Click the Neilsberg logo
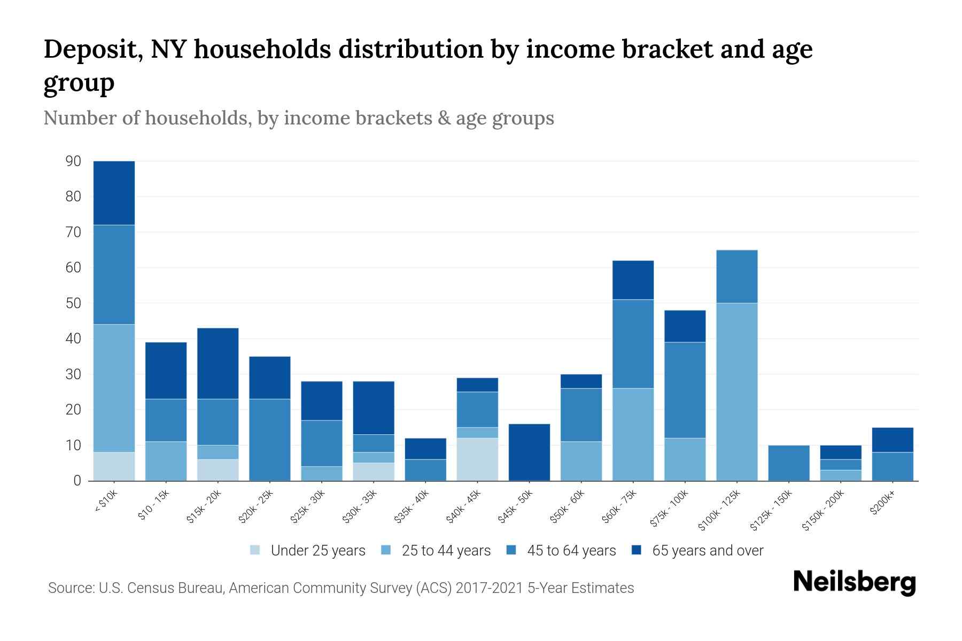pos(854,582)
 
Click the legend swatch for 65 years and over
pos(637,550)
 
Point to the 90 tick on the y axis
pos(73,161)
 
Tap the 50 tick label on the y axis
pos(73,303)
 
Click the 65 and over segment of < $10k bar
pos(114,193)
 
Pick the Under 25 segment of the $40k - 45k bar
pos(477,459)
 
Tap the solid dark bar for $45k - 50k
pos(529,452)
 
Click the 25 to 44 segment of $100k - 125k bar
pos(736,392)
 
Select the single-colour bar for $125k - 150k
pos(788,463)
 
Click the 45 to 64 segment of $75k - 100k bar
pos(685,390)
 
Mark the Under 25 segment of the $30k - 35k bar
pos(373,472)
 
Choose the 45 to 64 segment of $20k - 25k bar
pos(269,440)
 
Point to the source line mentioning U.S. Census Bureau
pos(341,588)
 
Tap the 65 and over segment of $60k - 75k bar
pos(633,280)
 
